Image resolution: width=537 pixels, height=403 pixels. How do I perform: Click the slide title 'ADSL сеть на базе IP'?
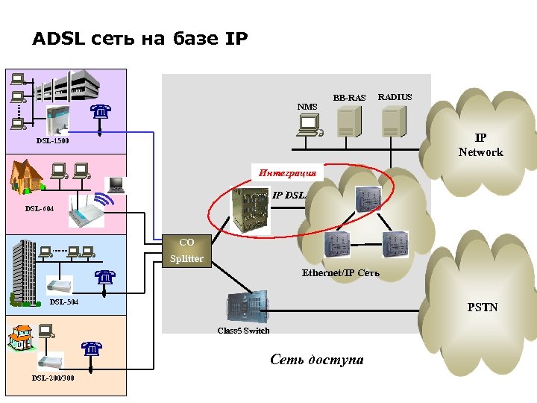(140, 39)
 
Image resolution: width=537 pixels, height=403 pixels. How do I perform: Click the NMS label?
(307, 107)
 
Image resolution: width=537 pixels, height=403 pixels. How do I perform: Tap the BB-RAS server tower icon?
(348, 121)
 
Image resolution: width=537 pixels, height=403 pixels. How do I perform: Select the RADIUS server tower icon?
(394, 121)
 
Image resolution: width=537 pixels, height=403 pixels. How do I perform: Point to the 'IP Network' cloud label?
(480, 146)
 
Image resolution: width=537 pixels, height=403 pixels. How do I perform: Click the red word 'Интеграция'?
(288, 172)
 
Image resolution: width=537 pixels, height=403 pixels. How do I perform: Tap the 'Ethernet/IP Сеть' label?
(340, 272)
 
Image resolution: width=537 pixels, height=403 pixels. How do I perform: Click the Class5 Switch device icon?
(247, 307)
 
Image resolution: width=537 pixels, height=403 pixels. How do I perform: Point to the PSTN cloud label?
(483, 307)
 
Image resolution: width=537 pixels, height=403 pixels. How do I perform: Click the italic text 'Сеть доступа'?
(317, 360)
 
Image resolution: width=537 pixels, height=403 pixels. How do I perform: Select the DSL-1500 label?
(53, 140)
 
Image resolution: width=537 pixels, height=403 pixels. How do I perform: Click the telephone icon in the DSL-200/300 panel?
(91, 349)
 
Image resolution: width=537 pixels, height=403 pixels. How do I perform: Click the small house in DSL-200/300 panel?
(19, 338)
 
